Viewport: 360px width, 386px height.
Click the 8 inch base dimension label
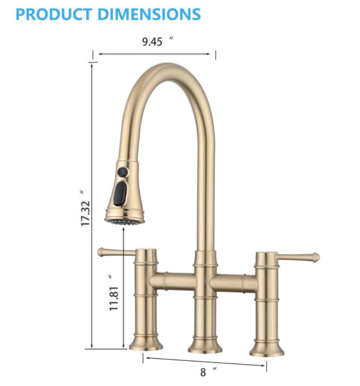[x=203, y=372]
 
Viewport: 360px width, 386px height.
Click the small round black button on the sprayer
[x=121, y=172]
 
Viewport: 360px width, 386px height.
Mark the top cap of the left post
[x=147, y=250]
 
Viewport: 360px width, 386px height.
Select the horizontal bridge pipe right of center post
[x=234, y=282]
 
